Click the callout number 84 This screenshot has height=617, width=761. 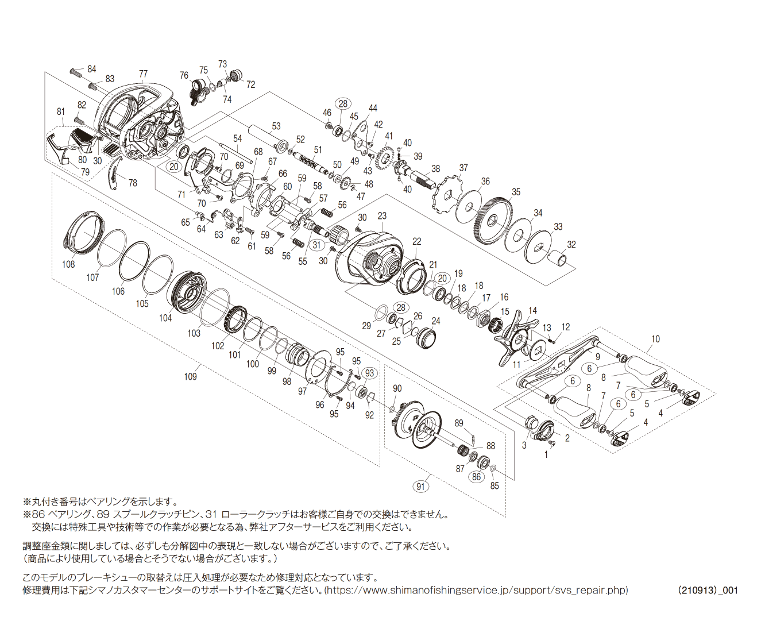coord(92,69)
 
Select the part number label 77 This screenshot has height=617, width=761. coord(143,74)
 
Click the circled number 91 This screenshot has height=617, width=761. coord(422,487)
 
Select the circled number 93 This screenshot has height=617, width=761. coord(369,373)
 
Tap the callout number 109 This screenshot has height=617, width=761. coord(190,377)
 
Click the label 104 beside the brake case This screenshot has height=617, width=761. coord(165,318)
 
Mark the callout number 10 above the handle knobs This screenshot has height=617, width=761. coord(655,340)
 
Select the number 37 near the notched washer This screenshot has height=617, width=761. coord(463,168)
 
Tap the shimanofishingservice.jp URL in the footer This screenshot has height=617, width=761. coord(477,591)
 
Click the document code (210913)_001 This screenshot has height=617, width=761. coord(708,591)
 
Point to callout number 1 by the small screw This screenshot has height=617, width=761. coord(546,454)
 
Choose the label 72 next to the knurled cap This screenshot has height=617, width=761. coord(250,84)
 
